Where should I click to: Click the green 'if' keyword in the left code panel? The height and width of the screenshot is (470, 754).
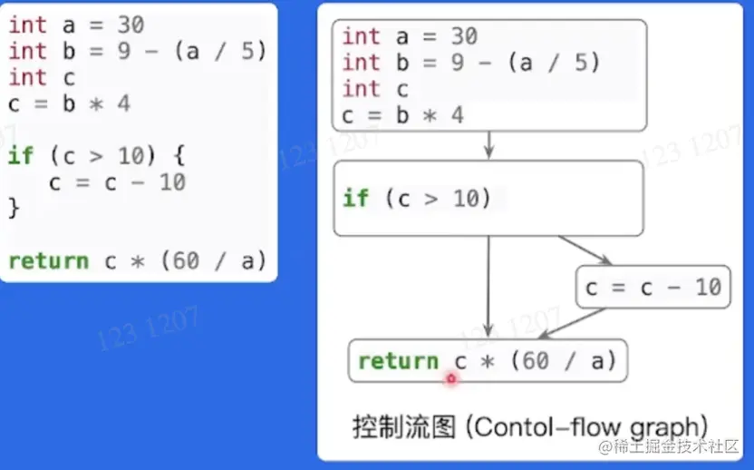pos(20,156)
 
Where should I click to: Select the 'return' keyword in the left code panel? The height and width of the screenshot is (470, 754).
pos(48,261)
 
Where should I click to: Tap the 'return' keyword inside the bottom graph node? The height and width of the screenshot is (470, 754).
pos(398,361)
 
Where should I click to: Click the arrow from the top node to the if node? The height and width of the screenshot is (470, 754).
pos(489,145)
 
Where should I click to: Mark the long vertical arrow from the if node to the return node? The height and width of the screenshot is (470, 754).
pos(489,286)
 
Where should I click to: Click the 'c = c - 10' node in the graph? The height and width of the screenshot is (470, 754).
pos(652,289)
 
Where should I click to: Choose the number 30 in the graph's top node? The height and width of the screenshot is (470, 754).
pos(463,36)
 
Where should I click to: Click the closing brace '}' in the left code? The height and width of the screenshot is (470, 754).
pos(14,208)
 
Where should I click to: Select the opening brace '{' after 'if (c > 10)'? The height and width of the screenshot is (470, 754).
pos(179,156)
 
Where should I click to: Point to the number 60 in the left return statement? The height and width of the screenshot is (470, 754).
pos(186,261)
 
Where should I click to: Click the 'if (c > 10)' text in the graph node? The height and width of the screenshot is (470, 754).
pos(417,199)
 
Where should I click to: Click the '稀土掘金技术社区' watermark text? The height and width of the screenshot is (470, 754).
pos(678,447)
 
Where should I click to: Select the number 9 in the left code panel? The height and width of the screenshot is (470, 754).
pos(124,52)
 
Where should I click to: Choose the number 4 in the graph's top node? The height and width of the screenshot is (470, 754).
pos(457,115)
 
